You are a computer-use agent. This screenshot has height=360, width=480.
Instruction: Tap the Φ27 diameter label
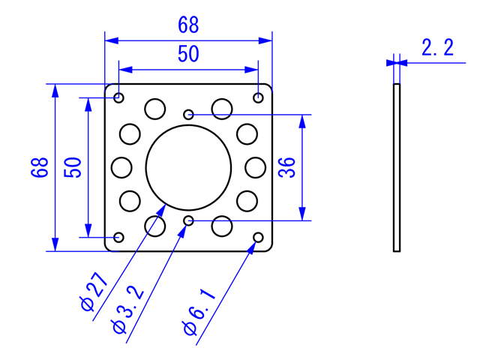tap(94, 292)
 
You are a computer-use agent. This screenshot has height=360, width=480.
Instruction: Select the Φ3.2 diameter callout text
tap(128, 309)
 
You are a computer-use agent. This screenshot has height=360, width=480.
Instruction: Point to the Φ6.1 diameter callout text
tap(199, 312)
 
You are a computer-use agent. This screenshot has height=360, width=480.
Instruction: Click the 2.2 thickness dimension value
tap(437, 47)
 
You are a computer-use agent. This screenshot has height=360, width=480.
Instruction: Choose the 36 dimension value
tap(286, 167)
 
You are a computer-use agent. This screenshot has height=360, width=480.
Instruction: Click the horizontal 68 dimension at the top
tap(188, 25)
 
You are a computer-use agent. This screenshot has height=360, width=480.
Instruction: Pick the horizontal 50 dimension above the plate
tap(188, 54)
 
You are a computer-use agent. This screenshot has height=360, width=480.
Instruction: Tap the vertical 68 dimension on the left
tap(40, 167)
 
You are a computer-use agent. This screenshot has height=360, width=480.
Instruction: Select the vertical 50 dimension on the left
tap(73, 167)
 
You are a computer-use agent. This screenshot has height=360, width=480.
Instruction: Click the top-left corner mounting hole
tap(118, 98)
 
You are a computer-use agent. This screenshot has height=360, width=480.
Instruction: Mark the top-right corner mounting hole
tap(258, 98)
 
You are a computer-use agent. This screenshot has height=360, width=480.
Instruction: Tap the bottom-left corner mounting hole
tap(118, 237)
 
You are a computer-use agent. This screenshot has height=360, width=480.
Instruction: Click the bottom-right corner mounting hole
tap(258, 237)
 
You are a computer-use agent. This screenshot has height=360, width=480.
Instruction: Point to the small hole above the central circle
tap(188, 115)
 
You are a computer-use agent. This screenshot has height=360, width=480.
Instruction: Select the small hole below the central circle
tap(188, 220)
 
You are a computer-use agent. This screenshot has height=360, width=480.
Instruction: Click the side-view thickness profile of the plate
tap(397, 167)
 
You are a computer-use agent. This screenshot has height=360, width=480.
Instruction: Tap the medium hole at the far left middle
tap(121, 167)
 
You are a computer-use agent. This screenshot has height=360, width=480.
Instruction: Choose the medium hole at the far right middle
tap(255, 167)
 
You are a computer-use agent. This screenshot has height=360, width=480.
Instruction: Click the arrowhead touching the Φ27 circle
tap(161, 210)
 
